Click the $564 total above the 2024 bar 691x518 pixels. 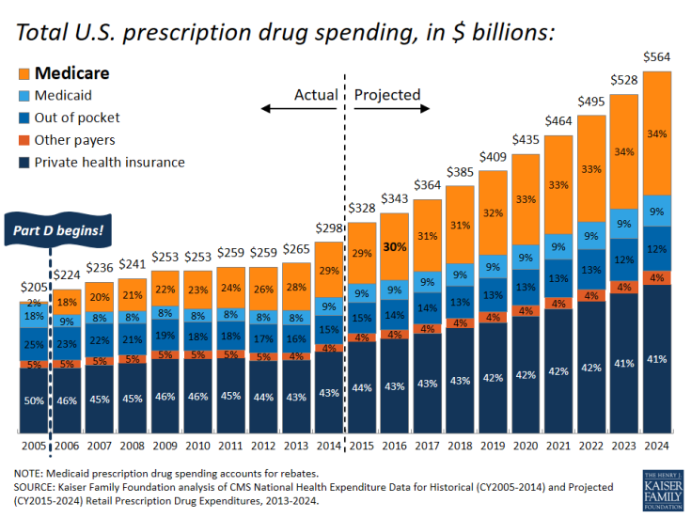(x=657, y=56)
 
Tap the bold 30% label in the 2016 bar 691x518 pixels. (x=395, y=248)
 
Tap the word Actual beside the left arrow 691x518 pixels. (x=316, y=95)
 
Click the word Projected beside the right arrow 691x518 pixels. (x=386, y=95)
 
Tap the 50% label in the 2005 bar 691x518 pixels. (x=35, y=401)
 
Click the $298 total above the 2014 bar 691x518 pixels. (x=329, y=230)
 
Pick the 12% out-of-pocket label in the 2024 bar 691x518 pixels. (x=657, y=249)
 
